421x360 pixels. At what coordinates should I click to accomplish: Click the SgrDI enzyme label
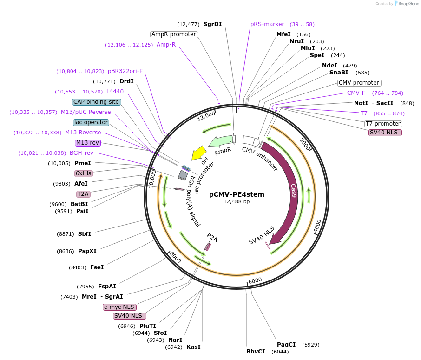click(x=212, y=24)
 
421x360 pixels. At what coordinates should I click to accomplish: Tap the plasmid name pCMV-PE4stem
click(x=237, y=194)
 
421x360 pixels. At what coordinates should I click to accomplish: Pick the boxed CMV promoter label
click(x=359, y=83)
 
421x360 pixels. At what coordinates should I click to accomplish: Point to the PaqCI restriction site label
click(x=286, y=345)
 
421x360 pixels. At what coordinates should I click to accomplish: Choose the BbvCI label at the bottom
click(x=256, y=351)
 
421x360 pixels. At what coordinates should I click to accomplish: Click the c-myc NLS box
click(x=119, y=307)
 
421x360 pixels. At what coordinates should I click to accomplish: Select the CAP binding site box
click(x=97, y=102)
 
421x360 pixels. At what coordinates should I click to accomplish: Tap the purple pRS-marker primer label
click(x=267, y=24)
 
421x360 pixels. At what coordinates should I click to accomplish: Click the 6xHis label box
click(x=84, y=173)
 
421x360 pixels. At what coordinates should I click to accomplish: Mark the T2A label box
click(x=84, y=193)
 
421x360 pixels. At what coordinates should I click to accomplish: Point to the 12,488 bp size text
click(x=237, y=202)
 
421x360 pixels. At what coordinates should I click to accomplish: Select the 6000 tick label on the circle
click(x=256, y=281)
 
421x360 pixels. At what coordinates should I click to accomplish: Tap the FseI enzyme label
click(x=97, y=267)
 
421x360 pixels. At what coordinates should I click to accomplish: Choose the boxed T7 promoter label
click(x=383, y=124)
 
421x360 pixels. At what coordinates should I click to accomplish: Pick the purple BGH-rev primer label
click(x=81, y=153)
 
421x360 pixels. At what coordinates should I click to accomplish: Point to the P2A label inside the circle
click(x=212, y=239)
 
